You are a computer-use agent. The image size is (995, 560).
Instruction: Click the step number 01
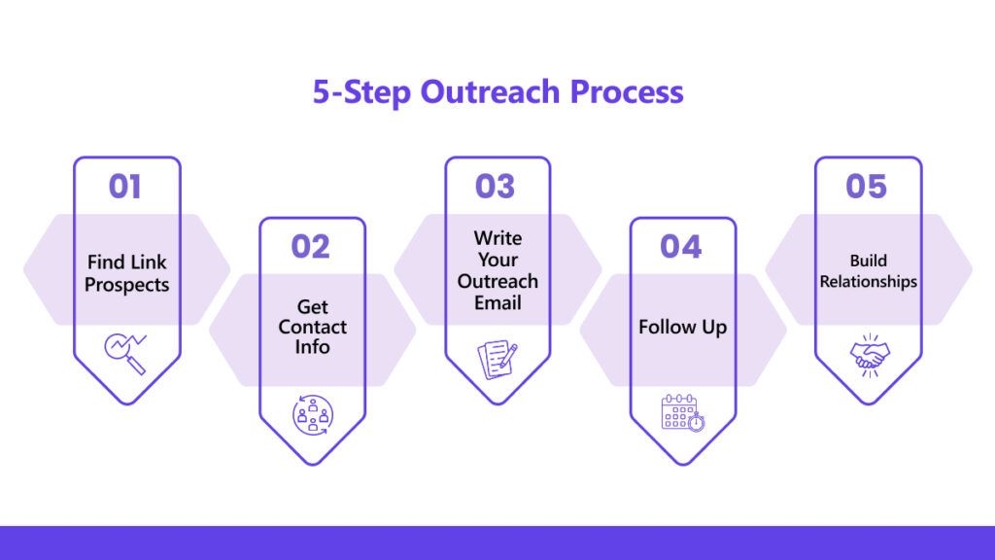tap(125, 187)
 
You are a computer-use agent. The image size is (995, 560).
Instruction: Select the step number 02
tap(310, 246)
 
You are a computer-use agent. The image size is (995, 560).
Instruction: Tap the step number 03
tap(495, 187)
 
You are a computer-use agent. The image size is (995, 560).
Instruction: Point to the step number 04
tap(681, 246)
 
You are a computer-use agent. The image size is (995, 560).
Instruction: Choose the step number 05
tap(866, 187)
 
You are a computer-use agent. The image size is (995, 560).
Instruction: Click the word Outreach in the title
tap(490, 91)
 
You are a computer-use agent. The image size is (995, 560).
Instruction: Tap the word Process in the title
tap(627, 91)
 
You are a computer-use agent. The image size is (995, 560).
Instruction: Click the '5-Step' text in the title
tap(361, 92)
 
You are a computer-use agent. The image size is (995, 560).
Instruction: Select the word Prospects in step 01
tap(127, 285)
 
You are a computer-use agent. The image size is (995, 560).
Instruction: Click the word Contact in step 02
tap(312, 327)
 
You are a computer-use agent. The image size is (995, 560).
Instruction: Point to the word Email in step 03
tap(497, 303)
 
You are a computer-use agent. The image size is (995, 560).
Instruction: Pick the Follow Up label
tap(683, 327)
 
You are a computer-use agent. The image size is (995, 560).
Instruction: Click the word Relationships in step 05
tap(868, 281)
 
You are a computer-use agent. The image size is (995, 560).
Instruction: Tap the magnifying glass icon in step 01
tap(125, 354)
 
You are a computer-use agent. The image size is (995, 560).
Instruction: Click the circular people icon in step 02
tap(313, 415)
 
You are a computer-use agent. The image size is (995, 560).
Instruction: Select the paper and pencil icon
tap(497, 360)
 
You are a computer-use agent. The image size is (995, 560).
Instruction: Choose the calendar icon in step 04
tap(683, 412)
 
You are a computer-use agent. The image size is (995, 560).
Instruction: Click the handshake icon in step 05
tap(870, 356)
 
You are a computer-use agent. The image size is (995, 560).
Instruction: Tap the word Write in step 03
tap(497, 238)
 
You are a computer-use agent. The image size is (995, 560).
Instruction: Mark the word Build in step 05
tap(868, 261)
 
